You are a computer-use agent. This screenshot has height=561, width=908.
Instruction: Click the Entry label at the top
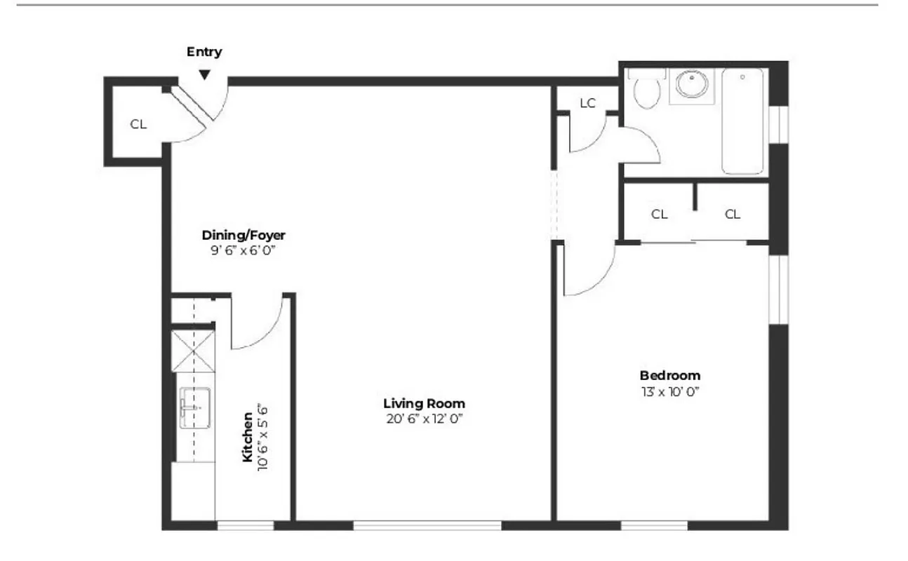coord(204,52)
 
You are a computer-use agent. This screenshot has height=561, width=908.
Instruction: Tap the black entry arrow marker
coord(204,74)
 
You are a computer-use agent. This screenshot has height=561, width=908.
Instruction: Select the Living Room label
coord(424,403)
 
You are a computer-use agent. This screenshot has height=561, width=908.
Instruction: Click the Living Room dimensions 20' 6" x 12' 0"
coord(424,419)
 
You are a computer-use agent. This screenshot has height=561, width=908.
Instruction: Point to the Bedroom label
coord(669,375)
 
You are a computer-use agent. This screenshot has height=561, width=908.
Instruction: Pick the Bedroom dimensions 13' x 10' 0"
coord(669,391)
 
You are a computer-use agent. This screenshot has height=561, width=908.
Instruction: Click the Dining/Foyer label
coord(243,235)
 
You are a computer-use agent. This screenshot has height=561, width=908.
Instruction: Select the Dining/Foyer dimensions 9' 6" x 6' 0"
coord(243,250)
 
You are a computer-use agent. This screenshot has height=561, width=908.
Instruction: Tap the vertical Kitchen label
coord(247,437)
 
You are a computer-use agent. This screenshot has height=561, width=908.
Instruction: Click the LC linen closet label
coord(587,103)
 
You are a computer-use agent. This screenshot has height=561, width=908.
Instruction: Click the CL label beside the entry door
coord(138,125)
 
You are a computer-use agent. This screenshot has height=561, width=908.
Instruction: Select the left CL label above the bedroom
coord(659,215)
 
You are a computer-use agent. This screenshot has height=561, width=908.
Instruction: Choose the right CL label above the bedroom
coord(732,215)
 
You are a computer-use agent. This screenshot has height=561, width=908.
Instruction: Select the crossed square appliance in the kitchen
coord(192,352)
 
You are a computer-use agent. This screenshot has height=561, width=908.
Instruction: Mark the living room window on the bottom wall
coord(427,525)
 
